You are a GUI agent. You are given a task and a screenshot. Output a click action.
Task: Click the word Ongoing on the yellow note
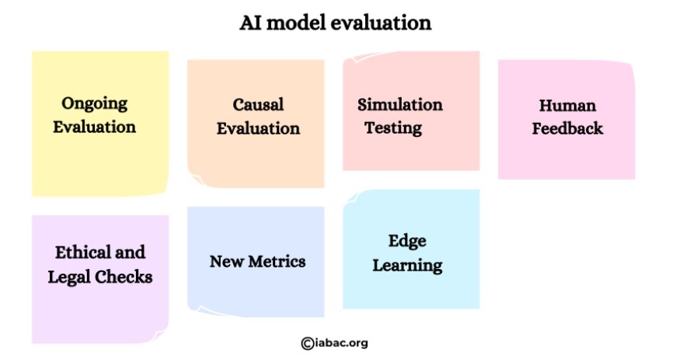coord(95,104)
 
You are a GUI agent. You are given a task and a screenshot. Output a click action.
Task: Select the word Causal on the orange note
coord(258,104)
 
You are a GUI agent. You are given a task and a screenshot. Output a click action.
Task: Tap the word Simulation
coord(400,104)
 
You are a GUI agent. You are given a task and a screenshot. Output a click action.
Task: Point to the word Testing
coord(393,128)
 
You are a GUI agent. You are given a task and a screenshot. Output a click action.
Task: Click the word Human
coord(567,105)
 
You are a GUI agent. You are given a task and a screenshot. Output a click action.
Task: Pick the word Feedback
coord(567,128)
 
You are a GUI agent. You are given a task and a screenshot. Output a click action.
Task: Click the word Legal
coord(69,278)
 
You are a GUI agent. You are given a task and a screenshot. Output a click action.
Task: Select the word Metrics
coord(277,261)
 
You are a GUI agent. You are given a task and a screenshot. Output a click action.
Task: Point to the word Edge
coord(407,242)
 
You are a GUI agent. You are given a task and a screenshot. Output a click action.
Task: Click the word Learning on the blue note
coord(407,266)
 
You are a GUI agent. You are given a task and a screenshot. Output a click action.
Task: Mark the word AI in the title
coord(250,23)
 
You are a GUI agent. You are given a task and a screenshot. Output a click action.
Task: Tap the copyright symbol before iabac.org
coord(308,344)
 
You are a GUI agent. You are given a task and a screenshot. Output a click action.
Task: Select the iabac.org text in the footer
coord(341,343)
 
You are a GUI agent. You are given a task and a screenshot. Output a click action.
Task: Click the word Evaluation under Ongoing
coord(95,128)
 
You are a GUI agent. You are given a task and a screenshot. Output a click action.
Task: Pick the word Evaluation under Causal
coord(258,128)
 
